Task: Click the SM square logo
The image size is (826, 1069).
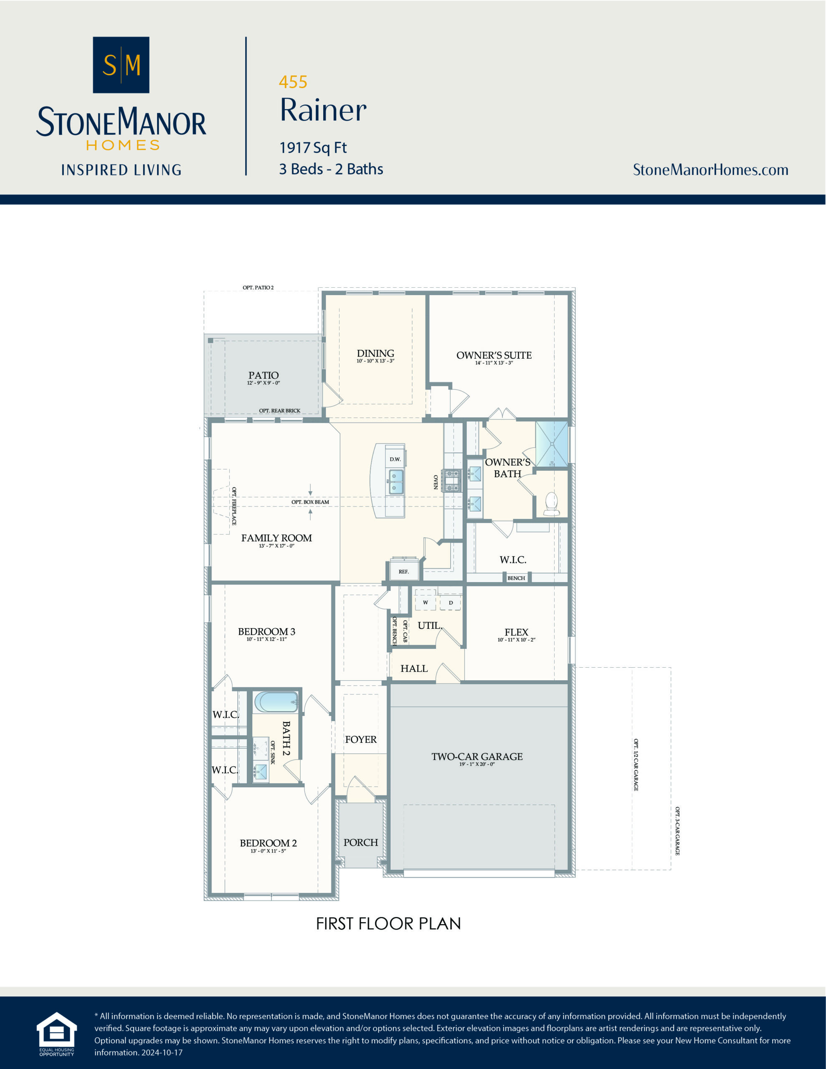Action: coord(121,65)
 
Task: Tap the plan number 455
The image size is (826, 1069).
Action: coord(293,82)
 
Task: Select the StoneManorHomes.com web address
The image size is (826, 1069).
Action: coord(710,170)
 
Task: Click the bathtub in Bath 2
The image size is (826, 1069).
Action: coord(276,702)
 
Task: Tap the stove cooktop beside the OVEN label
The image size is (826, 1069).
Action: coord(451,481)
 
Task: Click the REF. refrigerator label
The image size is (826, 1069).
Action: coord(403,571)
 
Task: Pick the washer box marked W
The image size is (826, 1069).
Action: coord(426,602)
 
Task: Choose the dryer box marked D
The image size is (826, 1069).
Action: coord(451,603)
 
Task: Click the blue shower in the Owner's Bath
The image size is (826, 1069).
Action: coord(551,443)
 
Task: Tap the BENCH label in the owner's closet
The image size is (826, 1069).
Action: coord(516,578)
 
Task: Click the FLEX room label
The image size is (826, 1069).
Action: coord(516,632)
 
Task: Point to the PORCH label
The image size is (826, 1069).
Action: coord(361,842)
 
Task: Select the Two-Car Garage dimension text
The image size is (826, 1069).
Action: coord(477,764)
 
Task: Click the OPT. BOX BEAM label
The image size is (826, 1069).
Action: coord(310,502)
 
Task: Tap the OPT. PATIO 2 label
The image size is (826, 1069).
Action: coord(258,287)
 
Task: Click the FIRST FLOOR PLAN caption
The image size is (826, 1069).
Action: coord(388,924)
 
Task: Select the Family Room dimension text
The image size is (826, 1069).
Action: coord(276,546)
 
